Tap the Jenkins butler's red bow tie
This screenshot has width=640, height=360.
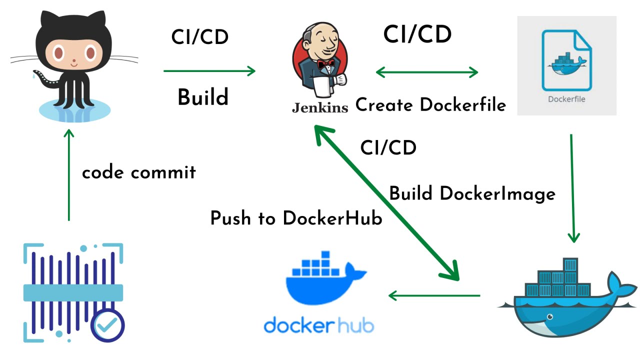pyautogui.click(x=326, y=64)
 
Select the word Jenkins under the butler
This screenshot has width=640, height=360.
pyautogui.click(x=319, y=107)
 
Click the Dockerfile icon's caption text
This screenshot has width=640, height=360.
pyautogui.click(x=566, y=99)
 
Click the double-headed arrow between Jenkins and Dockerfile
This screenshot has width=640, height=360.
pyautogui.click(x=426, y=72)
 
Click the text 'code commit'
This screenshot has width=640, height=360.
pyautogui.click(x=138, y=172)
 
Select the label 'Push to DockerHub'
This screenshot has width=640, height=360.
pyautogui.click(x=296, y=218)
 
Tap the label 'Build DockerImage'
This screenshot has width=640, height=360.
pyautogui.click(x=472, y=193)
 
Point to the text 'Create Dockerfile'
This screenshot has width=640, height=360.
pyautogui.click(x=430, y=105)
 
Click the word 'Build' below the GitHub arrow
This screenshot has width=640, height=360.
pyautogui.click(x=202, y=97)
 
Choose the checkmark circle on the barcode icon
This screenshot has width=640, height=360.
pyautogui.click(x=108, y=325)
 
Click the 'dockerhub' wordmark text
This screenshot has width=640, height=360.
pyautogui.click(x=318, y=325)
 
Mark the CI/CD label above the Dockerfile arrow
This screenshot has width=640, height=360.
pyautogui.click(x=417, y=34)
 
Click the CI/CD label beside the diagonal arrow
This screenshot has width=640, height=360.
pyautogui.click(x=388, y=147)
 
